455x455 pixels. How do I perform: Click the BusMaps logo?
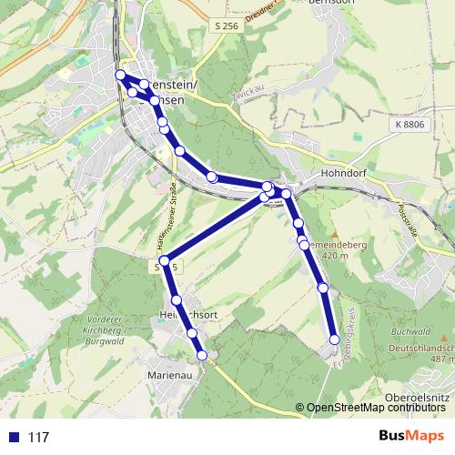point(411,437)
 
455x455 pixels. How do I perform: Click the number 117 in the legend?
point(39,438)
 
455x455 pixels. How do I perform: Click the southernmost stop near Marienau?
point(203,355)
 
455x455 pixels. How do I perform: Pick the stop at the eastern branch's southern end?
point(334,339)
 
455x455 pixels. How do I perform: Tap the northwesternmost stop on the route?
point(120,74)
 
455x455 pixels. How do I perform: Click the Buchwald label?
point(408,334)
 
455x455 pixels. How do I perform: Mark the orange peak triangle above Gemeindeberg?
point(334,233)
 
